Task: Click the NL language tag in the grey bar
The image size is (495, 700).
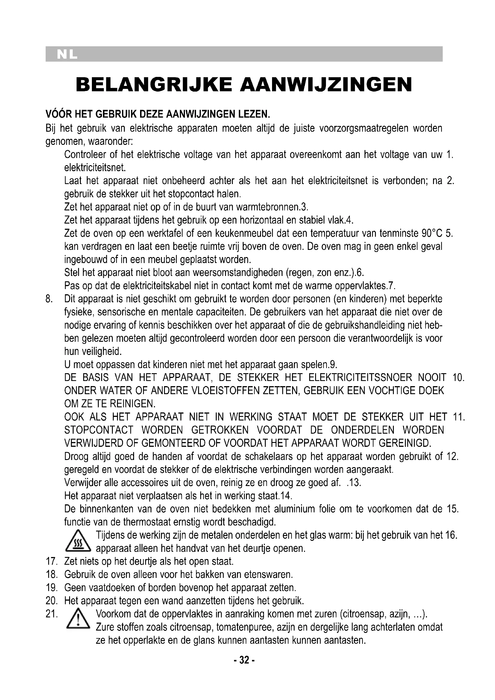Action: pyautogui.click(x=67, y=54)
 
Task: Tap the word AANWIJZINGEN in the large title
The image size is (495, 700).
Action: pyautogui.click(x=326, y=85)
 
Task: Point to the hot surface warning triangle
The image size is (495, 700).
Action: pyautogui.click(x=78, y=541)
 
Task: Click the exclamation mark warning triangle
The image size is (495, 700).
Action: pyautogui.click(x=78, y=619)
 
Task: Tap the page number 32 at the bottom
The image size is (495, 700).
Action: pyautogui.click(x=244, y=660)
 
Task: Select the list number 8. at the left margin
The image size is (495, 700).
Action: pyautogui.click(x=50, y=299)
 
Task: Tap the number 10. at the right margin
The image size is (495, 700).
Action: pyautogui.click(x=458, y=377)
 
